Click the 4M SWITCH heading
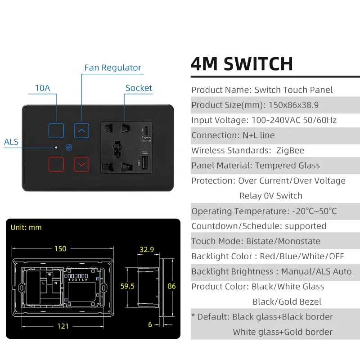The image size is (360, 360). point(242,64)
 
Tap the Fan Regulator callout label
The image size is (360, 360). point(112,68)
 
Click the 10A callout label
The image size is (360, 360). point(42,88)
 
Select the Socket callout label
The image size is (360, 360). point(139,88)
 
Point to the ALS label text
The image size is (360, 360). point(11,142)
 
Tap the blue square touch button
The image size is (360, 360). point(57,130)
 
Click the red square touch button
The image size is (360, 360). point(57,164)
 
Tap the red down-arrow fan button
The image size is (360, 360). point(81,164)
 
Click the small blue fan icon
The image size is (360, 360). point(69,148)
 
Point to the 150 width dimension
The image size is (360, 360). point(60,249)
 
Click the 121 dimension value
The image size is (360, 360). point(63,326)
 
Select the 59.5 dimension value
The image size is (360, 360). point(127,286)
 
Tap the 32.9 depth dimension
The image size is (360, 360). point(147,249)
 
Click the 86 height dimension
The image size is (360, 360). point(171,286)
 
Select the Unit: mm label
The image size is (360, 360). point(26,227)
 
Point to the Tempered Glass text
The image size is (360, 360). point(287,166)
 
